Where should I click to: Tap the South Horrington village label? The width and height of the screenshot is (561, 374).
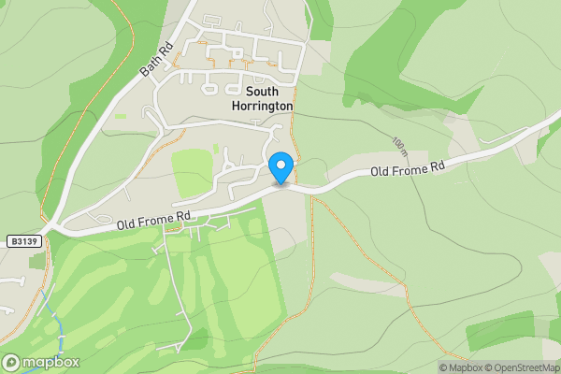263,99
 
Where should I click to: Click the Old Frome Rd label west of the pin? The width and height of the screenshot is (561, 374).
154,221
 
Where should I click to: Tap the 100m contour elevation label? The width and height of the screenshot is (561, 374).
400,144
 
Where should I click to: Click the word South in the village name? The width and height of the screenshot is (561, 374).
263,92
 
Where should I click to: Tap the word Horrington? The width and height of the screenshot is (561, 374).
263,107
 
